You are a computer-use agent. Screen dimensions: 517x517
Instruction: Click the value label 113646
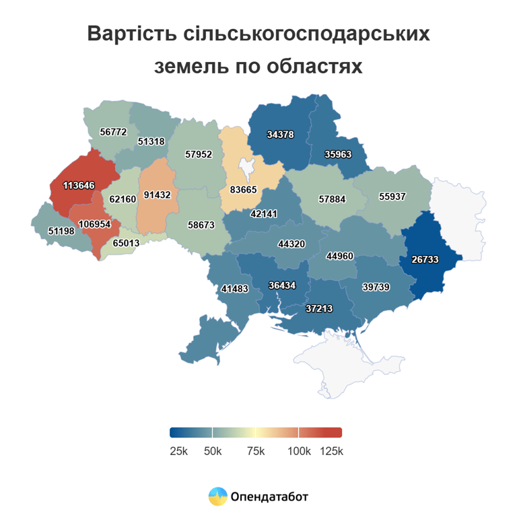click(x=79, y=185)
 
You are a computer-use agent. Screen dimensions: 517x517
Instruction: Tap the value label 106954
click(x=95, y=224)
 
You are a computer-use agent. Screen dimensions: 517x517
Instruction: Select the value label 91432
click(x=158, y=195)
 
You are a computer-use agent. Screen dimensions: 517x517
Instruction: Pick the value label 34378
click(x=280, y=134)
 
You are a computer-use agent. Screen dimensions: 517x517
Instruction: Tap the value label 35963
click(x=338, y=153)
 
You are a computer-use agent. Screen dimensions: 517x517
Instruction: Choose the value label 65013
click(x=127, y=243)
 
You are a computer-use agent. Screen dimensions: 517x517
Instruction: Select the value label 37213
click(x=319, y=309)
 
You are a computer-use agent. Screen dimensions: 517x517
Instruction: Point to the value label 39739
click(x=376, y=286)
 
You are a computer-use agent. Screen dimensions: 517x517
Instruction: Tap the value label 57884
click(x=333, y=199)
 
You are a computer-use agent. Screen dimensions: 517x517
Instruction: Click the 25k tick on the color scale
click(x=178, y=451)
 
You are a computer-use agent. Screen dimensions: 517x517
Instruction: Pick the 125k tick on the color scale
click(x=331, y=451)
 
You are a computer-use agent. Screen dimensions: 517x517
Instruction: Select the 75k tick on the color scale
click(x=256, y=451)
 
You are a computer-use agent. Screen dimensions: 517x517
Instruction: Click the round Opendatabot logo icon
click(x=217, y=497)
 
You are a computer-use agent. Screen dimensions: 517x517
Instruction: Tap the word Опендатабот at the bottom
click(x=269, y=497)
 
